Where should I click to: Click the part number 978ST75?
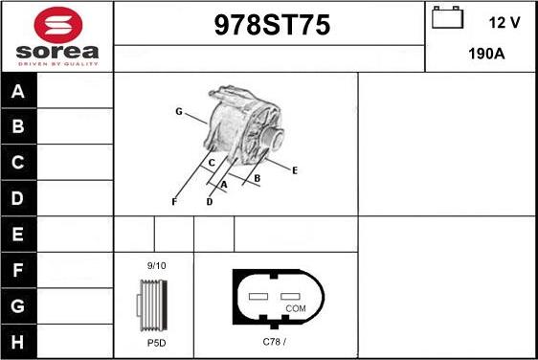click(272, 25)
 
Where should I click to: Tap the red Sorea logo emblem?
click(58, 25)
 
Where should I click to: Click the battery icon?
click(447, 17)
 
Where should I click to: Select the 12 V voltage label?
click(504, 23)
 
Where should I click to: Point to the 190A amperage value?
click(486, 54)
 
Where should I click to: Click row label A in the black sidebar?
click(18, 91)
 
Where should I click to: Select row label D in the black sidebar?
click(17, 198)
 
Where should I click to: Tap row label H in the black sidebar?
click(17, 342)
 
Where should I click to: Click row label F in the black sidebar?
click(17, 270)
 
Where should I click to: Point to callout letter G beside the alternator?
click(179, 111)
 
